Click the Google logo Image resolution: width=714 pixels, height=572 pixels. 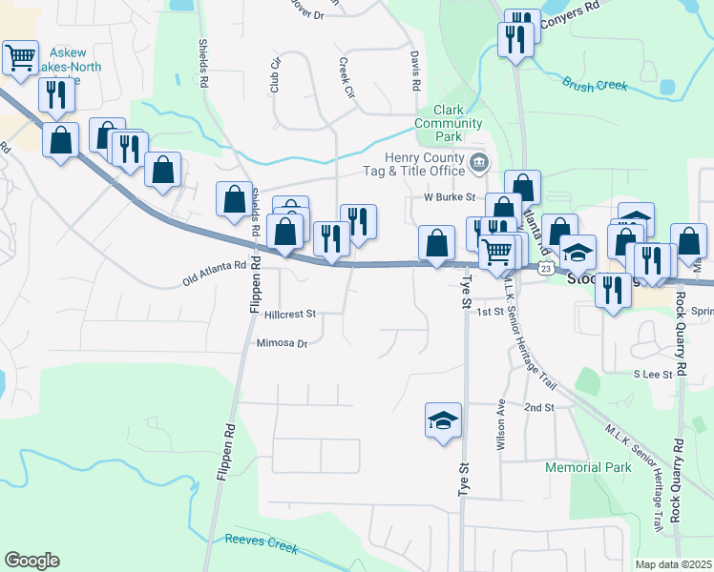(x=31, y=561)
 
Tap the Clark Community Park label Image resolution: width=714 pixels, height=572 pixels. (x=449, y=124)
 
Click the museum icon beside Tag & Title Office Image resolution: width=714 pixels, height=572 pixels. (x=479, y=164)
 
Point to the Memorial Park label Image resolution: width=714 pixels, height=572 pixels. (x=588, y=468)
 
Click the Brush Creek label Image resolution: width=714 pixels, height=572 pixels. (x=596, y=86)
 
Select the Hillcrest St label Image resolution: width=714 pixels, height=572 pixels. (x=290, y=314)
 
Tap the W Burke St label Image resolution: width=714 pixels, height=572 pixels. (x=450, y=197)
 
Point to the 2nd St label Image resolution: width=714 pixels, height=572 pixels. (x=538, y=408)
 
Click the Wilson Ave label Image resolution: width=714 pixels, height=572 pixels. (x=499, y=424)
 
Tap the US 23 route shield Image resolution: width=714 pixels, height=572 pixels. (x=545, y=270)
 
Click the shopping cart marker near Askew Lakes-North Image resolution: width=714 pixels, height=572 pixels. (x=20, y=57)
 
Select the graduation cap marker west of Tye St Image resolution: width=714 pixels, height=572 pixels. (x=443, y=419)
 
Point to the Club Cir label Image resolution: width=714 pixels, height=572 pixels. (x=276, y=75)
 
